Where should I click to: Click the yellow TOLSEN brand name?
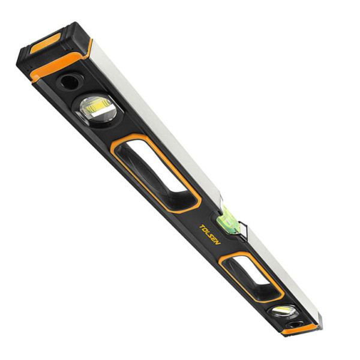210,235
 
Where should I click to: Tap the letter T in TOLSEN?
202,227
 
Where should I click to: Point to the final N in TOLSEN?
218,242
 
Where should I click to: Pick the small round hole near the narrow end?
293,325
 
